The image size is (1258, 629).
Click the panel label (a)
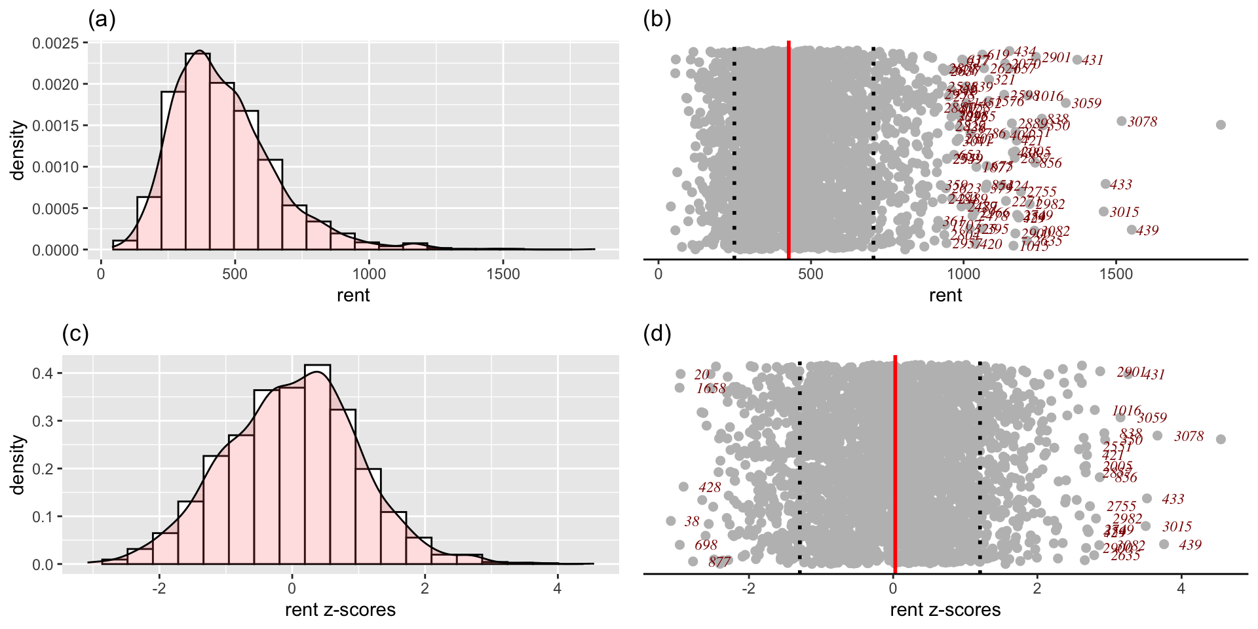[102, 20]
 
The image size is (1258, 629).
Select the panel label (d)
[657, 334]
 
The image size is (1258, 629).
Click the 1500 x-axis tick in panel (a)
[503, 274]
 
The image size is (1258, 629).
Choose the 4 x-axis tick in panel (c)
[557, 588]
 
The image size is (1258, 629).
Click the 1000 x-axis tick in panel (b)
[963, 274]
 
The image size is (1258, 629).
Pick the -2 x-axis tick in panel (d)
[748, 588]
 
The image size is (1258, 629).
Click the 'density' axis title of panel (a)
[18, 149]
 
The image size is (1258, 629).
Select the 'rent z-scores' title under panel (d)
[945, 610]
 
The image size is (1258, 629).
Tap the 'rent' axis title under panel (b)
[945, 295]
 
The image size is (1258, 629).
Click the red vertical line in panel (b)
[788, 151]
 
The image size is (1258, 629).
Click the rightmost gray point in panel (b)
[1221, 124]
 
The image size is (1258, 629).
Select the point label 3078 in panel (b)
[1142, 122]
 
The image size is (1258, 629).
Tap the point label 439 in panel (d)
[1190, 545]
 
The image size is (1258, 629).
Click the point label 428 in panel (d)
[710, 487]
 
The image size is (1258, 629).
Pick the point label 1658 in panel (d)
[711, 389]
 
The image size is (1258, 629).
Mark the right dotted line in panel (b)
[873, 151]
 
